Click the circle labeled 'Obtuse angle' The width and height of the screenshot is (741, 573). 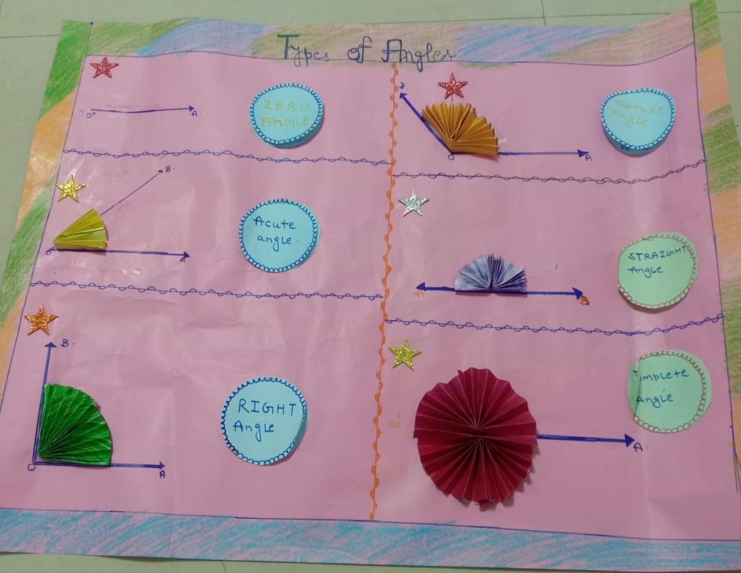click(x=638, y=122)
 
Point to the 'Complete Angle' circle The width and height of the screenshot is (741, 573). click(x=667, y=391)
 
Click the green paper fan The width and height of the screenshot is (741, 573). click(x=75, y=426)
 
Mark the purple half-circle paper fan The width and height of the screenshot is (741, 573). click(x=491, y=274)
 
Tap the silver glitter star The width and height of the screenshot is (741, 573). click(x=414, y=203)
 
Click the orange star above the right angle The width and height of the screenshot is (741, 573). click(x=41, y=319)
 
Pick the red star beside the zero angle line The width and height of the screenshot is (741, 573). click(x=104, y=67)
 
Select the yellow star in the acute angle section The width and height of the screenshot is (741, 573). click(x=71, y=188)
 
